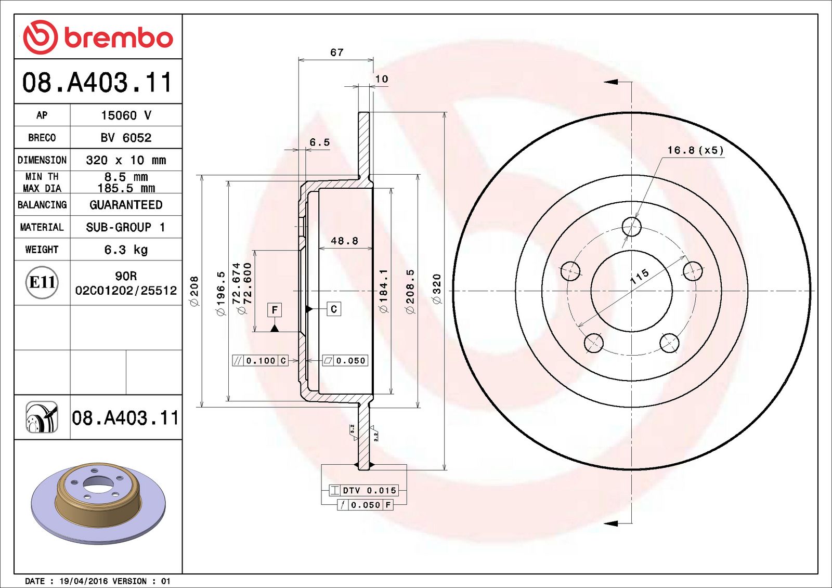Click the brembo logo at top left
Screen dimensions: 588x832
98,37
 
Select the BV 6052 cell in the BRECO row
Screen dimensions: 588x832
126,138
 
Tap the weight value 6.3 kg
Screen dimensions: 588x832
126,250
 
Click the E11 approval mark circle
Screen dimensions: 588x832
42,282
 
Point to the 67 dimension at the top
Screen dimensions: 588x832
336,53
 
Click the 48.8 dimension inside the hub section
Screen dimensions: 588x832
344,241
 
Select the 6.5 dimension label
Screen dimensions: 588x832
319,142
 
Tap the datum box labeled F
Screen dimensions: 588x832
275,310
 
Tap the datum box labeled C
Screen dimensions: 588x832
334,309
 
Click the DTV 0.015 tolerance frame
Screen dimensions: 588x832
363,490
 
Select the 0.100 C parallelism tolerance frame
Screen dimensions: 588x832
260,360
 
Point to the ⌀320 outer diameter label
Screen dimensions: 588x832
436,289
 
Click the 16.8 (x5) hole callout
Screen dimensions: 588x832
695,150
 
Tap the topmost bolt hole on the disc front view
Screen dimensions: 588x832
631,227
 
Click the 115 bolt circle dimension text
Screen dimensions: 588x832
639,276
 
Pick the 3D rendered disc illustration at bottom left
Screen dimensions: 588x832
98,502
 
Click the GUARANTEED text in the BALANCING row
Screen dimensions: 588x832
126,205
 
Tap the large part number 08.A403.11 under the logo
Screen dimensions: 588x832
97,82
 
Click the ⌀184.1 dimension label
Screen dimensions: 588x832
384,291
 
